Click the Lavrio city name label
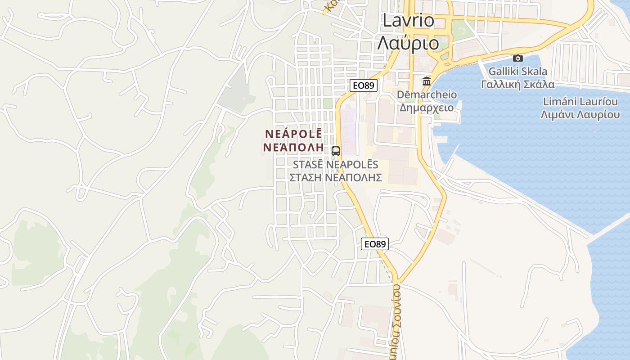409,20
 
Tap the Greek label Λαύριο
408,43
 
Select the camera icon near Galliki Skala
518,58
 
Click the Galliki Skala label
518,71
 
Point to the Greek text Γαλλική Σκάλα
518,85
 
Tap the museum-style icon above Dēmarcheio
426,81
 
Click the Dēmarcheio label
427,95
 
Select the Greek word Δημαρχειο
427,108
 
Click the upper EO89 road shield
363,85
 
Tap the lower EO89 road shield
374,244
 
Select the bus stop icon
336,151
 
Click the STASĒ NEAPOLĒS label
336,165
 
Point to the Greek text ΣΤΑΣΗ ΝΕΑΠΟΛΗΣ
336,177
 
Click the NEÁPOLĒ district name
293,134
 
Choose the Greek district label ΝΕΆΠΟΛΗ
293,147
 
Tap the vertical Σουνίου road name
396,322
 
